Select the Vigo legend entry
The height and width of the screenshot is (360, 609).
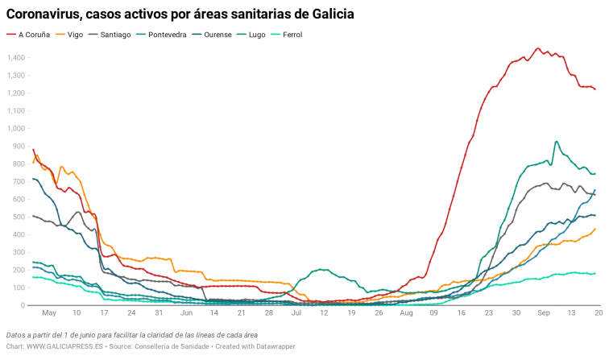pyautogui.click(x=75, y=35)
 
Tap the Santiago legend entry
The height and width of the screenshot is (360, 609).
pyautogui.click(x=115, y=35)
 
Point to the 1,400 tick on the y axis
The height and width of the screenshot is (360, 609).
pyautogui.click(x=16, y=57)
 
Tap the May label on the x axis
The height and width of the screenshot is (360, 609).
pyautogui.click(x=48, y=312)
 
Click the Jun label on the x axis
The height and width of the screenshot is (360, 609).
pyautogui.click(x=186, y=312)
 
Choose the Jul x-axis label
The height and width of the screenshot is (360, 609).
pyautogui.click(x=296, y=312)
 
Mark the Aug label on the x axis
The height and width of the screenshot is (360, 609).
pyautogui.click(x=407, y=312)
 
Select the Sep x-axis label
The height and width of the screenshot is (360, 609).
pyautogui.click(x=545, y=312)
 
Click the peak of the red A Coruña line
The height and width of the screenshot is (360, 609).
pyautogui.click(x=538, y=48)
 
